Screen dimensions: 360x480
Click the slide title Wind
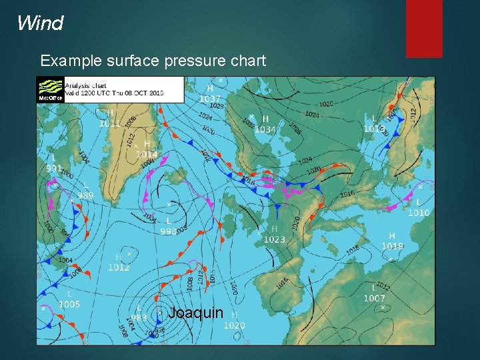tap(40, 24)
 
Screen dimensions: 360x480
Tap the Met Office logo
tap(50, 90)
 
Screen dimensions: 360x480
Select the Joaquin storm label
tap(195, 313)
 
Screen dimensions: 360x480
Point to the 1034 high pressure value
tap(265, 129)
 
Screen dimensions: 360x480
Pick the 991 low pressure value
tap(54, 169)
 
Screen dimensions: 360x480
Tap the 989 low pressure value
tap(85, 195)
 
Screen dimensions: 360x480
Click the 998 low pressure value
tap(169, 231)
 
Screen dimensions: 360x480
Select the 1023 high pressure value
tap(274, 239)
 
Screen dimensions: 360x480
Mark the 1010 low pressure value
tap(419, 213)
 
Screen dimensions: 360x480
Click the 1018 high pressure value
tap(393, 246)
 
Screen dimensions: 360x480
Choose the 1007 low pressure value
tap(375, 298)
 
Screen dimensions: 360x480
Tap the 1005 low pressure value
tap(69, 305)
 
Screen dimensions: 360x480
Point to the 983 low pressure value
tap(139, 317)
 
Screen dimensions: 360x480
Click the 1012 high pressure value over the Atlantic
tap(119, 267)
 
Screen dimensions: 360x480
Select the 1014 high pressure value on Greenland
tap(147, 154)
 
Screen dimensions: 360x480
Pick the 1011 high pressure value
tap(110, 123)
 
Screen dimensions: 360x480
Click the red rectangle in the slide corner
tap(424, 29)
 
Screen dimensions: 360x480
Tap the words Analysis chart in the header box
tap(85, 85)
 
